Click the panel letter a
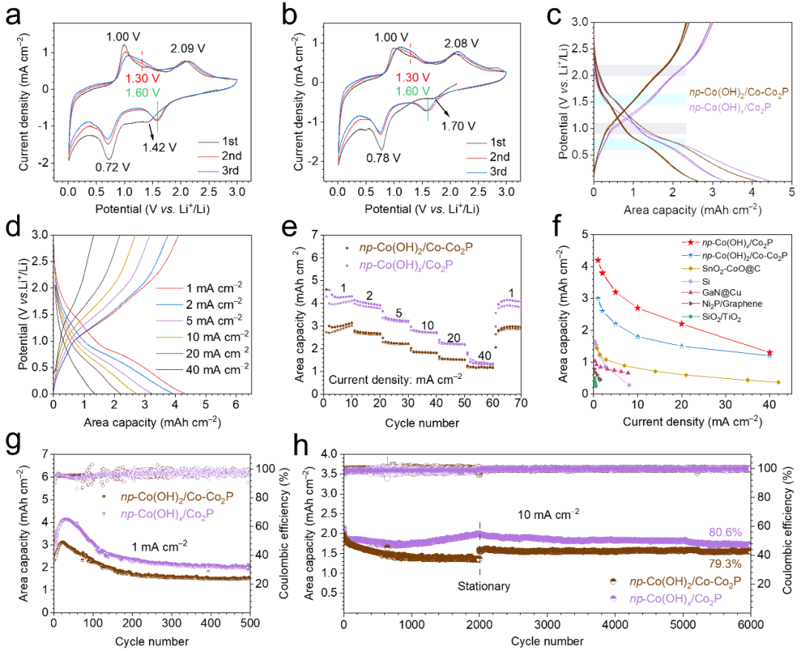pyautogui.click(x=13, y=17)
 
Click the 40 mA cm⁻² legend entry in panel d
pyautogui.click(x=203, y=366)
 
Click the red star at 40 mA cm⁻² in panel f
pyautogui.click(x=770, y=352)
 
